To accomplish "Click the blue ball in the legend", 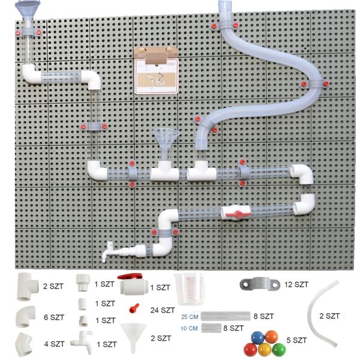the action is pos(258,337).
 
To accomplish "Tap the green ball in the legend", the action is pos(279,350).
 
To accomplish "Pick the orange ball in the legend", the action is pos(271,337).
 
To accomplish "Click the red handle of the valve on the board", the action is pos(238,214).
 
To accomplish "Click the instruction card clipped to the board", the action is pos(157,76).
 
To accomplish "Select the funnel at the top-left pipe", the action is pos(28,9).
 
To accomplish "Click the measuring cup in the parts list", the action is pos(189,289).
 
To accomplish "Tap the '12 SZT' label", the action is pos(296,284).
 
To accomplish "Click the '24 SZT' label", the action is pos(163,310).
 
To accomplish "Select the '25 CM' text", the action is pos(190,317).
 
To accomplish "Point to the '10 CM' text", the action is pos(189,328).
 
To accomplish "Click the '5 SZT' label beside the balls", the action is pos(296,340).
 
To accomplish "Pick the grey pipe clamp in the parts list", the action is pos(260,284).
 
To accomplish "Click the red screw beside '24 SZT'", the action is pos(134,308).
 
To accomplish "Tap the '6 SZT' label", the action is pos(54,317).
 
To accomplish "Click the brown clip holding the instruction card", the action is pos(157,55).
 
